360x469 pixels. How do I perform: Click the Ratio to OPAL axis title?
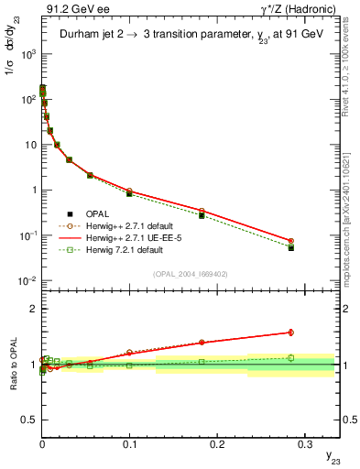click(x=12, y=365)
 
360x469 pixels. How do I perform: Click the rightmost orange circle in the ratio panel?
click(x=290, y=333)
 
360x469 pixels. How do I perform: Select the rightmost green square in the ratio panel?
click(x=290, y=358)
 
